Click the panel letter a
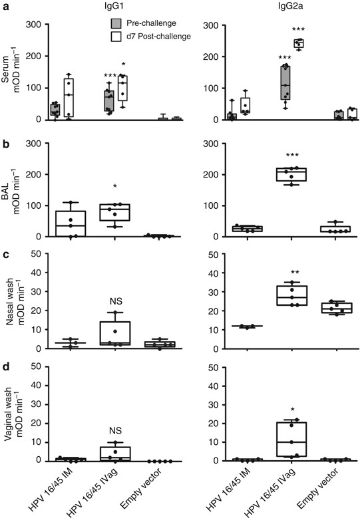[x=5, y=5]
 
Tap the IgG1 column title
[x=100, y=7]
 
